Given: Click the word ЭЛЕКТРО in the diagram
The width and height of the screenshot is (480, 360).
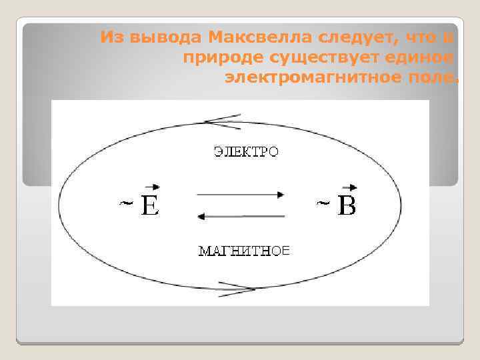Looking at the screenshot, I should (246, 152).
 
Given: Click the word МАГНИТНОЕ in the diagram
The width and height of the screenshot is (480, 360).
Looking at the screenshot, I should (245, 251).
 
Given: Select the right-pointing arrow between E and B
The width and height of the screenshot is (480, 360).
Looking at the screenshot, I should (241, 195).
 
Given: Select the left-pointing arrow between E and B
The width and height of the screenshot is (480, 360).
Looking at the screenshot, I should (241, 216).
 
